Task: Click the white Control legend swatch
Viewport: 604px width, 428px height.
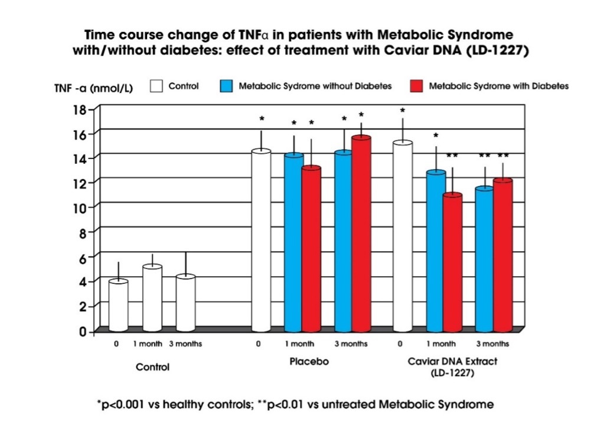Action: [x=156, y=86]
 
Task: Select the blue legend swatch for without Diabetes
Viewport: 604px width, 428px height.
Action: [x=226, y=86]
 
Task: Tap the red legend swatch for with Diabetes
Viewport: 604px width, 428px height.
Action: [x=416, y=86]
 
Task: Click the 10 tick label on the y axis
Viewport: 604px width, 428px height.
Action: [x=80, y=207]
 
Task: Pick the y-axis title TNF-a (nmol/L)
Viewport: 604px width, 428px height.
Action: [x=94, y=88]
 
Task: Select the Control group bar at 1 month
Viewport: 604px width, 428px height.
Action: [x=152, y=298]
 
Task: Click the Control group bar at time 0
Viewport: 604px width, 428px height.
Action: [x=118, y=306]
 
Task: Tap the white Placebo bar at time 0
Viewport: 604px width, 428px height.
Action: [x=261, y=240]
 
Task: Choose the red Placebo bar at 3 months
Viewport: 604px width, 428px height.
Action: [x=361, y=234]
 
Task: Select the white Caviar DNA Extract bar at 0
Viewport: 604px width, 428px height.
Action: [x=403, y=236]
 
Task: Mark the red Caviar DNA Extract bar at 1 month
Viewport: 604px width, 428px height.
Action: [x=453, y=262]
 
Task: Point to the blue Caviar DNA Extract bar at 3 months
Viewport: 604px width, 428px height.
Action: [x=485, y=259]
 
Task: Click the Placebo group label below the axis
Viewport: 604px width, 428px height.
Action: [x=309, y=362]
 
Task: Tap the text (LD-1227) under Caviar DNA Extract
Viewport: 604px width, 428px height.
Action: [x=452, y=373]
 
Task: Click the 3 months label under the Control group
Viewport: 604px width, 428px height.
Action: [x=185, y=343]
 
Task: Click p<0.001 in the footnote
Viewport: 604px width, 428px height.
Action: [x=122, y=404]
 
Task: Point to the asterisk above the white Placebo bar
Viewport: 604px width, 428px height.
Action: [x=262, y=119]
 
